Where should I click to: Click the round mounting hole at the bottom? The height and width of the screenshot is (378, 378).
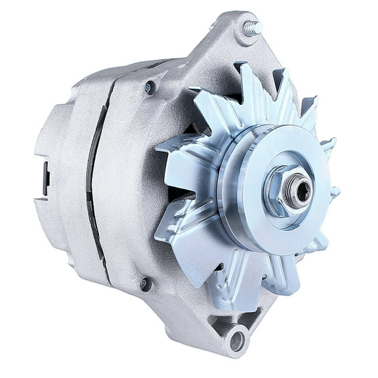[237, 340]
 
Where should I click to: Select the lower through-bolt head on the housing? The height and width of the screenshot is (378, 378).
[145, 283]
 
